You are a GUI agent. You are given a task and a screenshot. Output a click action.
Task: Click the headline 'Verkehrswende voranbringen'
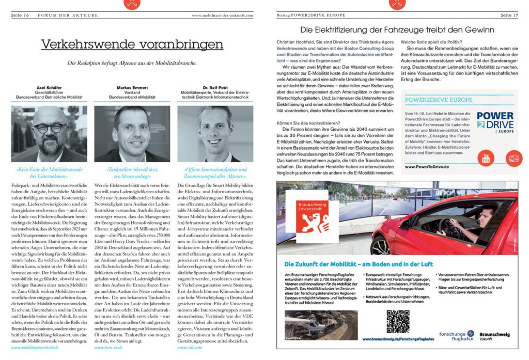pyautogui.click(x=132, y=44)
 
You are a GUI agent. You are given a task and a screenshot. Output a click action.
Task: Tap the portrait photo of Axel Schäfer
pyautogui.click(x=49, y=134)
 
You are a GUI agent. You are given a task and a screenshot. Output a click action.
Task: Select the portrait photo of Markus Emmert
pyautogui.click(x=132, y=134)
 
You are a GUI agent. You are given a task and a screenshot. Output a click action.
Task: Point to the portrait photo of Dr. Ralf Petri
pyautogui.click(x=215, y=134)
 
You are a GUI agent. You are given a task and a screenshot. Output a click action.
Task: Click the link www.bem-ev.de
pyautogui.click(x=107, y=348)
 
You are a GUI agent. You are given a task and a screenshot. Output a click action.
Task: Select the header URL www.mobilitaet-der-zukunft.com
pyautogui.click(x=223, y=15)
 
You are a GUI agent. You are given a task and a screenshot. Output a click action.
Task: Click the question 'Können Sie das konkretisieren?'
pyautogui.click(x=308, y=122)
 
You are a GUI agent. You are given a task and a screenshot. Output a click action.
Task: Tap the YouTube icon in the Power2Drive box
pyautogui.click(x=486, y=158)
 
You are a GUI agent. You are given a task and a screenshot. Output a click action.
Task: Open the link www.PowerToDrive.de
pyautogui.click(x=426, y=167)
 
